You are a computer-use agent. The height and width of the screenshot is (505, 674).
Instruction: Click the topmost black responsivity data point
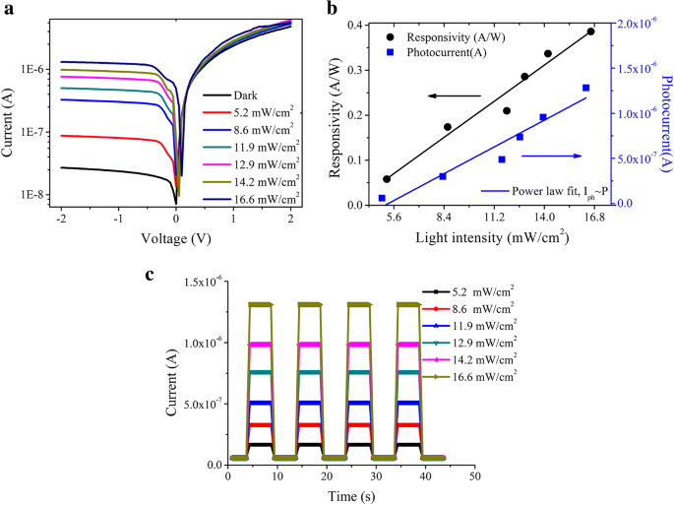(590, 32)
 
